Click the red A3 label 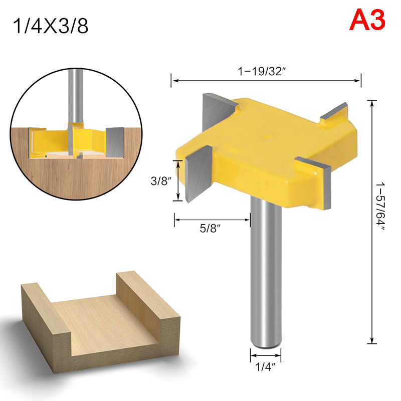[367, 20]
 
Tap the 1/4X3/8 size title [51, 26]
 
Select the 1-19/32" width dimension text [261, 71]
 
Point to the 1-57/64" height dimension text [380, 207]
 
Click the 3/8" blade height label [160, 181]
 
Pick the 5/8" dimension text [210, 228]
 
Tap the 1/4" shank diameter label [266, 367]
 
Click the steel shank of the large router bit [266, 271]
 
